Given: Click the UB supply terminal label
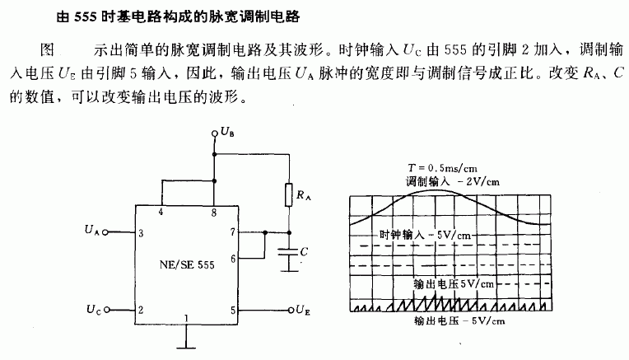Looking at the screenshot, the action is click(x=227, y=132).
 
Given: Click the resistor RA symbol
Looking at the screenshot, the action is click(x=288, y=194).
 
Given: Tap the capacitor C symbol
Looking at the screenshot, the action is click(x=288, y=251).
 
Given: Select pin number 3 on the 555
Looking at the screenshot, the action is click(x=141, y=233).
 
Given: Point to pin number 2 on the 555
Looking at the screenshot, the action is click(x=141, y=310).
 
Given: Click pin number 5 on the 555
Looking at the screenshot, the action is click(x=233, y=311).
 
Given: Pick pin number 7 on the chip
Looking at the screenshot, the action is click(x=233, y=231).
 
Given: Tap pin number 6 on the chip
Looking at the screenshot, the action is click(x=233, y=259).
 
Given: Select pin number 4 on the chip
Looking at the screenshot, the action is click(x=161, y=212).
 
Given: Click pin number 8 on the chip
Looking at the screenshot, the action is click(x=214, y=213).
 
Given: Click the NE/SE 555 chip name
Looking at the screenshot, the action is click(x=187, y=265).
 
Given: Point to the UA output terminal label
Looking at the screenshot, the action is click(x=92, y=230).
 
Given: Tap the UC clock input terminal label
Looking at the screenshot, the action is click(x=94, y=310).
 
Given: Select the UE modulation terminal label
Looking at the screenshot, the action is click(x=303, y=310).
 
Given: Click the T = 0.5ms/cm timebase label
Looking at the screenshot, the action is click(x=442, y=168).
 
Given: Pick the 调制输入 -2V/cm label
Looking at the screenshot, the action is click(x=453, y=181).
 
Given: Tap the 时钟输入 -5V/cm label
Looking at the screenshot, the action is click(x=425, y=235).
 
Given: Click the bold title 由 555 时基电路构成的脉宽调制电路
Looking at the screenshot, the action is click(x=178, y=16).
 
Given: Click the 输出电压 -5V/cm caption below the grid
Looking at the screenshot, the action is click(x=459, y=321).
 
